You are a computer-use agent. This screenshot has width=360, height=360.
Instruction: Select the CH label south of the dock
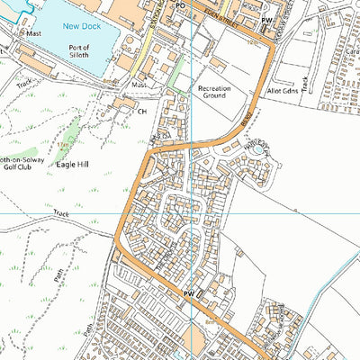[141, 112]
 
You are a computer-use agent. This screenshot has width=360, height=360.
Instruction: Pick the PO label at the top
[179, 4]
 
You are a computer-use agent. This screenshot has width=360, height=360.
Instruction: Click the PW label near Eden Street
[265, 19]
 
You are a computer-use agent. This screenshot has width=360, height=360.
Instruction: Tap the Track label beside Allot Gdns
[306, 85]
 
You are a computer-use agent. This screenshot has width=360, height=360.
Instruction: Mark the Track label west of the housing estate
[60, 214]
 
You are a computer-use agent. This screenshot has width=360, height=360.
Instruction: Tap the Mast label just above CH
[139, 85]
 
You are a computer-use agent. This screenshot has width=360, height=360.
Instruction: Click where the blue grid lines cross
[192, 213]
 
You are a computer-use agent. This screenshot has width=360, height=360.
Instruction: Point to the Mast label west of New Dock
[34, 32]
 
